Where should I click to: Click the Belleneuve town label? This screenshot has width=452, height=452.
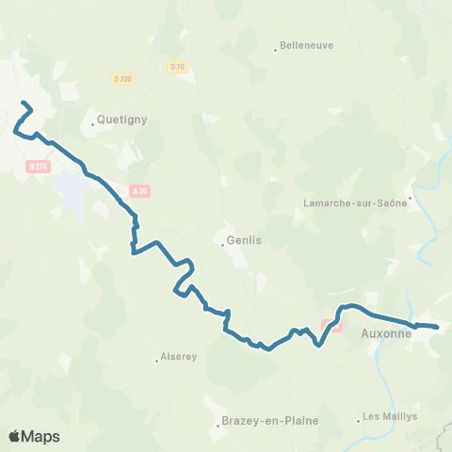[x=306, y=44]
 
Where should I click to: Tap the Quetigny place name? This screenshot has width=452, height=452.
[x=120, y=120]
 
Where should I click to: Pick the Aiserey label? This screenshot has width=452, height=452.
[x=179, y=358]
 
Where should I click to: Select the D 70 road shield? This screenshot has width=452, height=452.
[x=178, y=66]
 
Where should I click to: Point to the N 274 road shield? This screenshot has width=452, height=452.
[x=37, y=165]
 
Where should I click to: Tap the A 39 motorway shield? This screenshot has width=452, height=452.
[x=140, y=190]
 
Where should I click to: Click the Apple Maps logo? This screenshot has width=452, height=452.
[x=34, y=436]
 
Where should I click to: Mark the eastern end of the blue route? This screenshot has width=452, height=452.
[x=438, y=327]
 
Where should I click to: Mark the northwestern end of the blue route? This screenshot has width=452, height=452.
[x=22, y=103]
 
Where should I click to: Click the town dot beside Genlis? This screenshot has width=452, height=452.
[x=222, y=244]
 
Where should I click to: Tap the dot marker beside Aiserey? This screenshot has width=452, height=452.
[x=156, y=359]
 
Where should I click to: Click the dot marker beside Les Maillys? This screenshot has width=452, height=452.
[x=359, y=419]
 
